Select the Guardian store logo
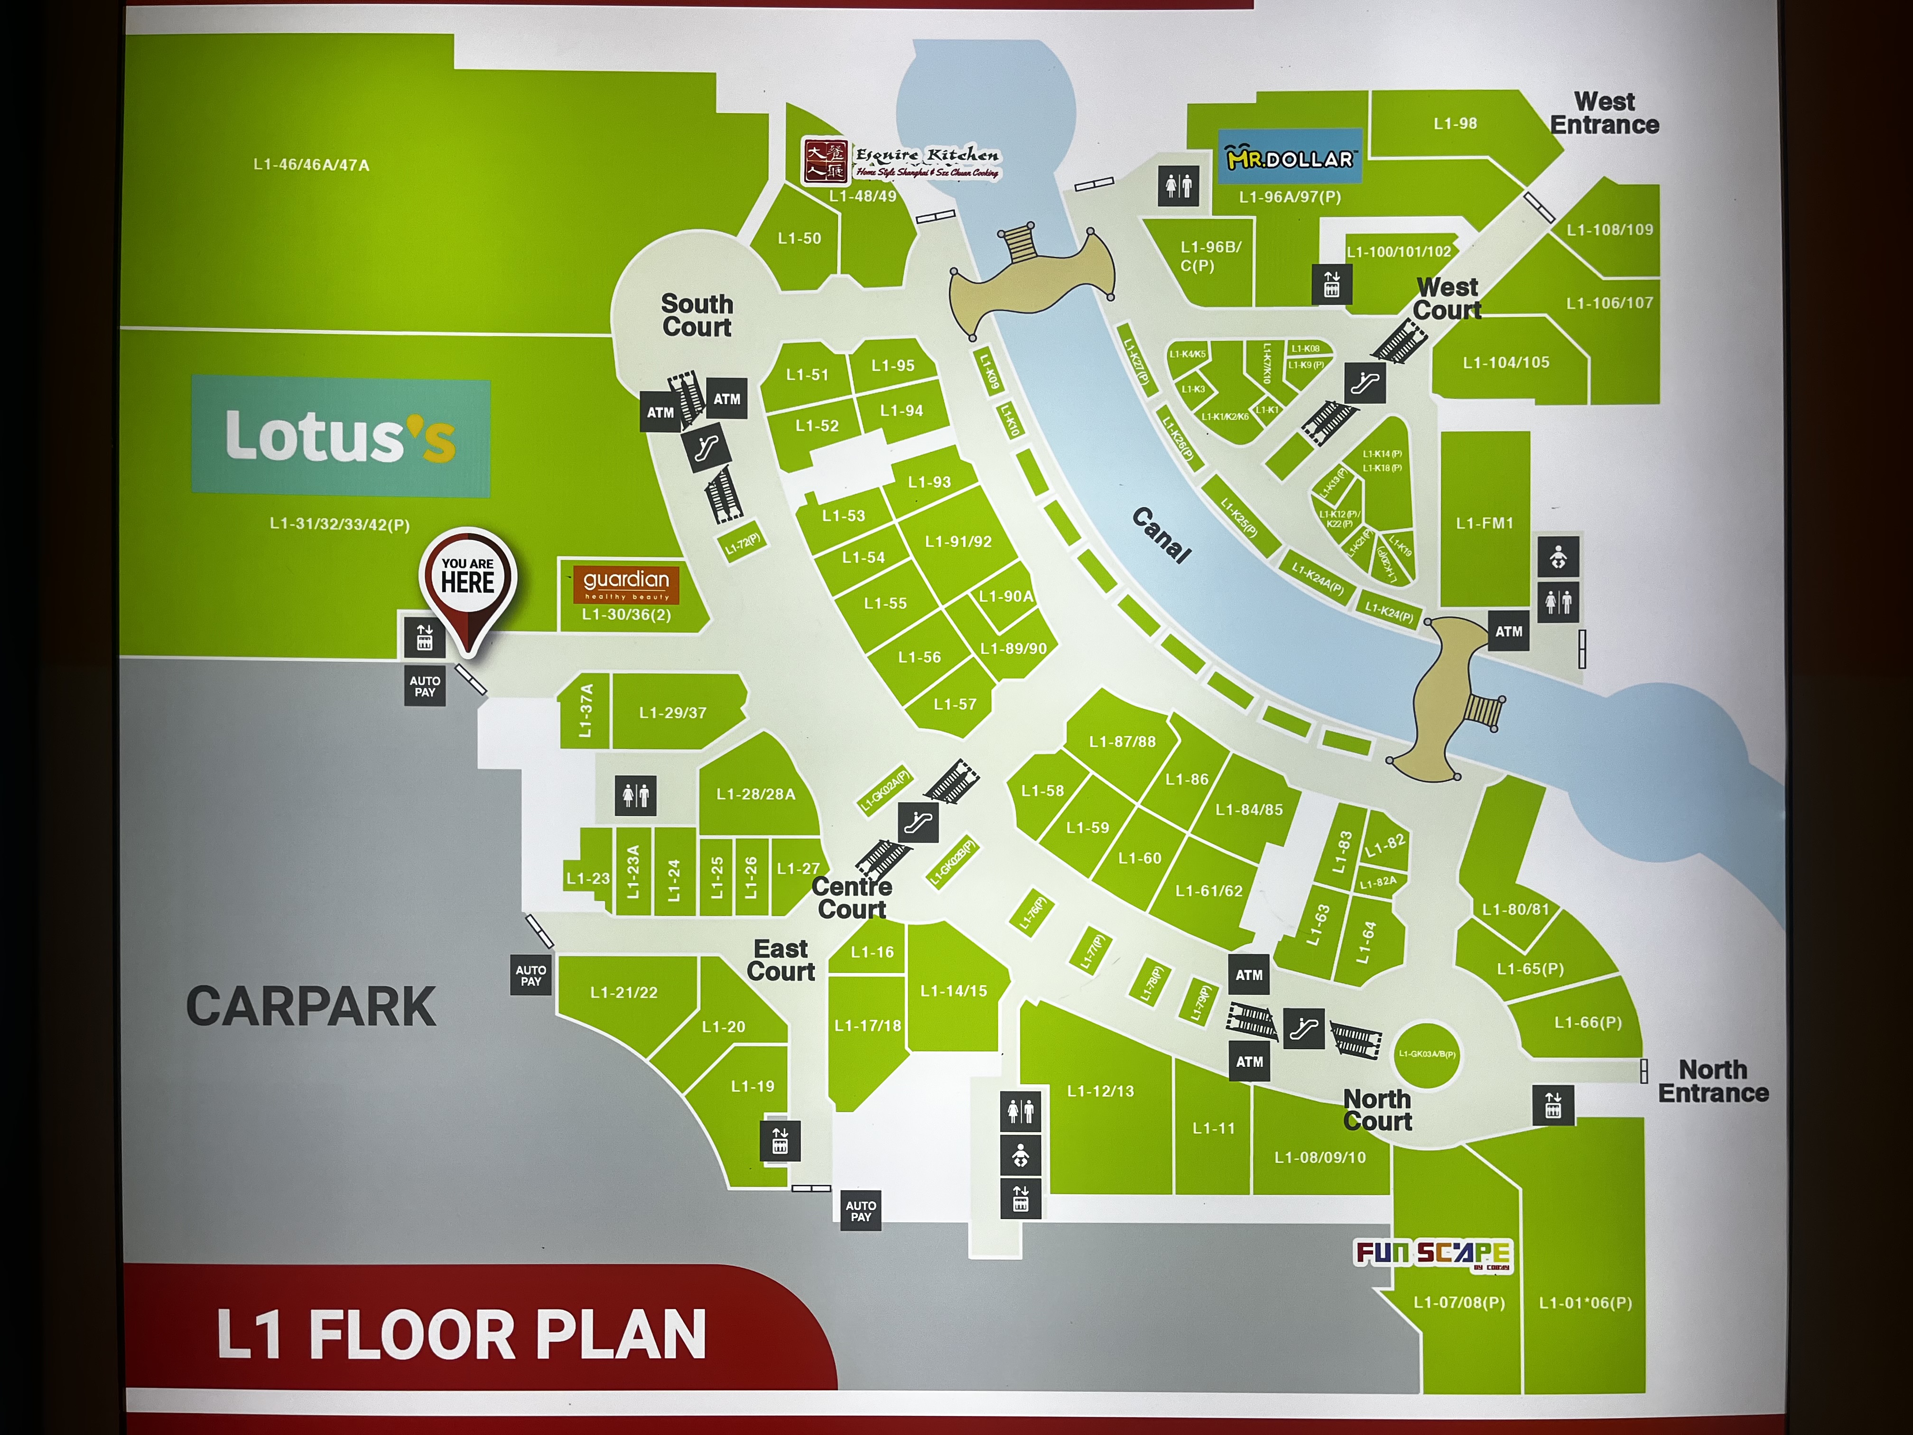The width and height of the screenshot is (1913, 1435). pos(626,584)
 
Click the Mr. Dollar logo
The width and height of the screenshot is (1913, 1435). pos(1290,158)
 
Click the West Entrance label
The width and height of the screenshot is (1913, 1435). pos(1604,113)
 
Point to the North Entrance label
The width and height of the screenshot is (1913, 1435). pos(1712,1081)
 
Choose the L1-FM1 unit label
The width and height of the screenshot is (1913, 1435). pos(1484,523)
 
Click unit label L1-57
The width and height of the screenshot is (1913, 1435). pos(955,704)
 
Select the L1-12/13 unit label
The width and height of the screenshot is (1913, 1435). pos(1100,1091)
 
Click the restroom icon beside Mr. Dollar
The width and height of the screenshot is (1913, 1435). pos(1179,185)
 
